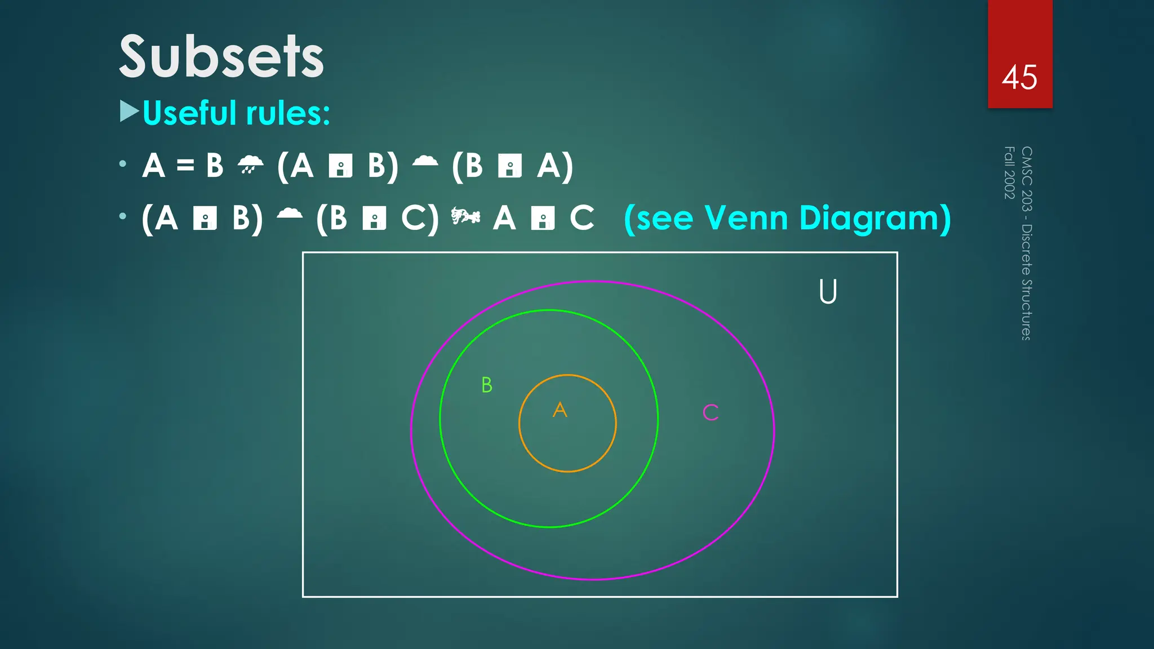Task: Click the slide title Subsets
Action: point(221,57)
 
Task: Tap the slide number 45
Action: point(1019,77)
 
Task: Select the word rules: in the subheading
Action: point(287,113)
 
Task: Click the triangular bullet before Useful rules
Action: point(129,112)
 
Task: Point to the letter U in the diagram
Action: point(828,292)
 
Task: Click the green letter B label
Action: point(487,385)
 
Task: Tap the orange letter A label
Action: point(560,410)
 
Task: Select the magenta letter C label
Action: point(711,412)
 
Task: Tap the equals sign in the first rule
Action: point(185,166)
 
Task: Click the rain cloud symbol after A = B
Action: point(250,165)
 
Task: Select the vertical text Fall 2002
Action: point(1009,172)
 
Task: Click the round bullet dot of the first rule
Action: point(123,164)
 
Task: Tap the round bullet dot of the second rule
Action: point(123,216)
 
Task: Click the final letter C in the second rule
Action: point(582,218)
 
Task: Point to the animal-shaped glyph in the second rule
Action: point(465,216)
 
